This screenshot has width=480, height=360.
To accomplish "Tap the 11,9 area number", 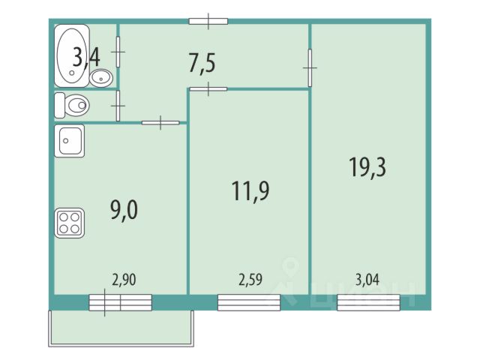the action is (x=250, y=188).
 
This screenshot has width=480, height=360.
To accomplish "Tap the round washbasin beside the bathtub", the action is (x=101, y=76).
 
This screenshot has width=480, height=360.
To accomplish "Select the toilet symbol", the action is (x=73, y=105).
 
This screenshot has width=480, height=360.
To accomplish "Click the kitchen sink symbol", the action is (x=69, y=140).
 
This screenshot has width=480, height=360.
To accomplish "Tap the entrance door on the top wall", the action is (x=208, y=21).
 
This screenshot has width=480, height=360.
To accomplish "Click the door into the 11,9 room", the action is (x=208, y=89).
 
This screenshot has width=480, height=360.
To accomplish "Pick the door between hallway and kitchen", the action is (x=160, y=122).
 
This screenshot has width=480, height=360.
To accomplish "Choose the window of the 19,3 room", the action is (x=368, y=302).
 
